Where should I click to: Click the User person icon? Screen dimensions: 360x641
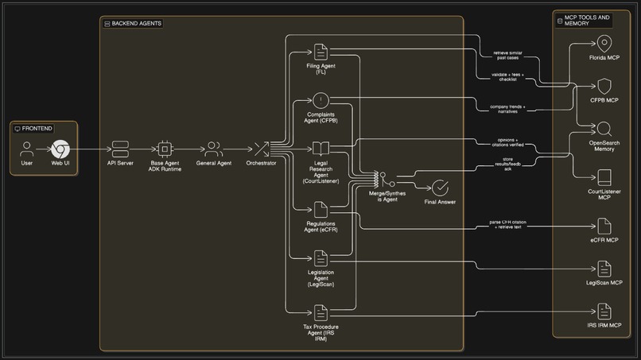(x=27, y=149)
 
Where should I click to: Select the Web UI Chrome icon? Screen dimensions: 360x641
(x=60, y=149)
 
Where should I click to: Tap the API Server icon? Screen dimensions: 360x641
(x=120, y=149)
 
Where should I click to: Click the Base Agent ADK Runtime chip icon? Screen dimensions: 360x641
(x=165, y=149)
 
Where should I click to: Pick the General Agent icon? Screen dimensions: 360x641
(x=214, y=149)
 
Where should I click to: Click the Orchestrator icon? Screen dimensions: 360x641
(x=261, y=149)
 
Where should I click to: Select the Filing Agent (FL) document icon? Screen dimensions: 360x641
(x=320, y=52)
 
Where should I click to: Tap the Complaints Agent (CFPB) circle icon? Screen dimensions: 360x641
(x=320, y=100)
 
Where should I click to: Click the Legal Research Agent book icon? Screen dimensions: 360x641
(x=320, y=149)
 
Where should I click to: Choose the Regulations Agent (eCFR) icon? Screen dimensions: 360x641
(x=320, y=209)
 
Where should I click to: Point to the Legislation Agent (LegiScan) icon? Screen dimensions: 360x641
(x=320, y=257)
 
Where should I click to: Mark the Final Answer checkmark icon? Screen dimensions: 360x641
(x=440, y=188)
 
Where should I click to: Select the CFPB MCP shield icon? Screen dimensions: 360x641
(x=604, y=86)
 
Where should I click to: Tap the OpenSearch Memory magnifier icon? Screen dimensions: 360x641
(x=604, y=129)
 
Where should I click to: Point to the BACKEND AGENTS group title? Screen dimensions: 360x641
(x=137, y=24)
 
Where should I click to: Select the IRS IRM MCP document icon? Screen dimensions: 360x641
(x=604, y=312)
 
